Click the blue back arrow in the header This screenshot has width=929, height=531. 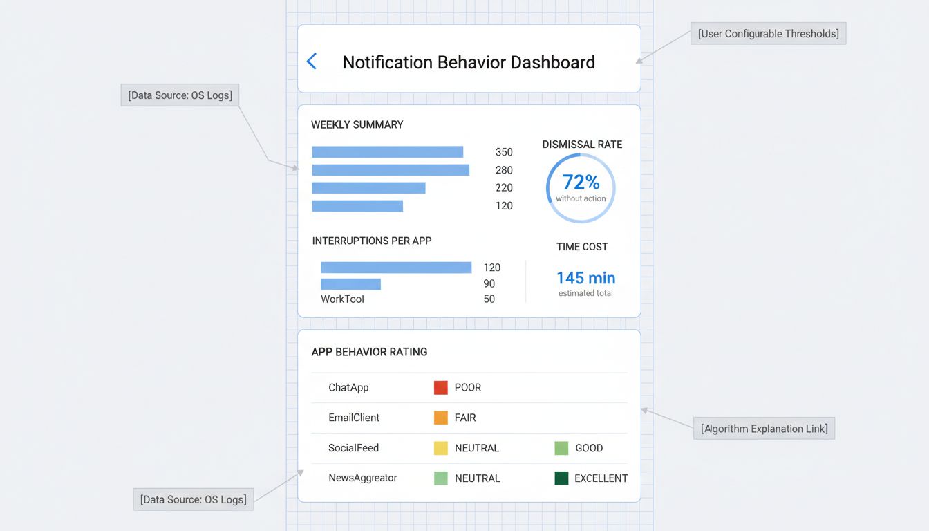pyautogui.click(x=312, y=62)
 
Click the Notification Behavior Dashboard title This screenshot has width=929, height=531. pyautogui.click(x=469, y=62)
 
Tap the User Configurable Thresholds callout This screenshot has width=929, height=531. pyautogui.click(x=768, y=33)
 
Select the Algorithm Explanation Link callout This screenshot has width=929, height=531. pyautogui.click(x=764, y=429)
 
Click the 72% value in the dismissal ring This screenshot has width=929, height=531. pyautogui.click(x=581, y=182)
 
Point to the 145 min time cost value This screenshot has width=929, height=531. pyautogui.click(x=585, y=278)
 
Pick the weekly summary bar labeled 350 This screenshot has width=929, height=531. pyautogui.click(x=387, y=152)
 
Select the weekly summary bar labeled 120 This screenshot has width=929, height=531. pyautogui.click(x=357, y=206)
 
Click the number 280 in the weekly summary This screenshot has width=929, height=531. pyautogui.click(x=504, y=170)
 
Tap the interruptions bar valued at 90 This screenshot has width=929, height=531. pyautogui.click(x=350, y=284)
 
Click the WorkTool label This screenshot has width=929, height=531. pyautogui.click(x=342, y=299)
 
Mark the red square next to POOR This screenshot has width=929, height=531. pyautogui.click(x=441, y=388)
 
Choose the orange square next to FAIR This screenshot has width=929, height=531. pyautogui.click(x=441, y=418)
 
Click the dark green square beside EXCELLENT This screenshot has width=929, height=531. pyautogui.click(x=561, y=478)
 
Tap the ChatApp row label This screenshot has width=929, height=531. pyautogui.click(x=348, y=388)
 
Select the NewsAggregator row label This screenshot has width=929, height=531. pyautogui.click(x=362, y=478)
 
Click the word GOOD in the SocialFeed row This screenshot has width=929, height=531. pyautogui.click(x=589, y=448)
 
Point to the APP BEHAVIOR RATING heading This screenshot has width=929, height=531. pyautogui.click(x=369, y=352)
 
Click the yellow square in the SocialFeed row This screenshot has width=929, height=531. pyautogui.click(x=441, y=448)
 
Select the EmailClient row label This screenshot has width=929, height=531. pyautogui.click(x=354, y=418)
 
